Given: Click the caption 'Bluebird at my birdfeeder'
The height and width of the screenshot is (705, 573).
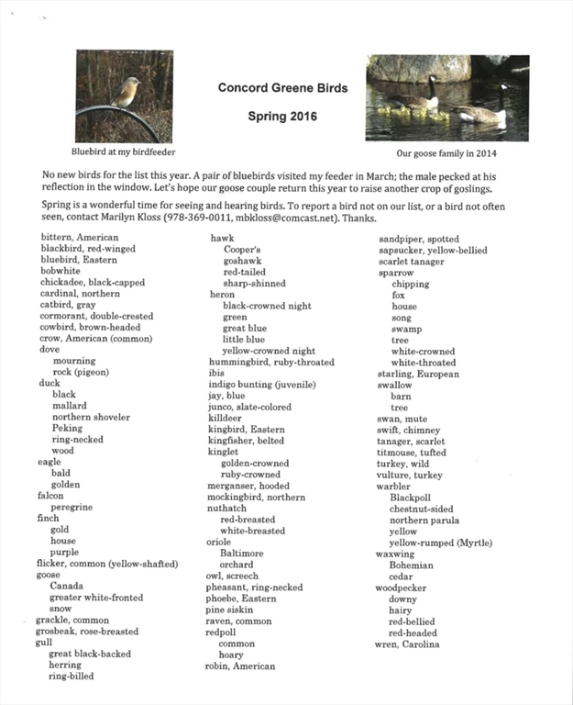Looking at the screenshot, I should tap(124, 151).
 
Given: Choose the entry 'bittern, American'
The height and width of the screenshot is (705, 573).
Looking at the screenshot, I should tap(80, 238).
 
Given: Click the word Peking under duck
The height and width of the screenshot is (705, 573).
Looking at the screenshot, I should tap(67, 428).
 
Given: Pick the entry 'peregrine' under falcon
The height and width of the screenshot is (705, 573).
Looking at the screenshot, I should tap(72, 507).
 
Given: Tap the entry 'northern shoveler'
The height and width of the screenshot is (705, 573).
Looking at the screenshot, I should tap(91, 417).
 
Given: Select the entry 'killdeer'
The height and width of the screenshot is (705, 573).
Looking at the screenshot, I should tap(224, 418).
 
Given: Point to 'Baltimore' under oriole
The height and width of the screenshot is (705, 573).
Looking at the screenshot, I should tap(242, 554).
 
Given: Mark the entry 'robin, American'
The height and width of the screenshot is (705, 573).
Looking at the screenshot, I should tap(239, 666).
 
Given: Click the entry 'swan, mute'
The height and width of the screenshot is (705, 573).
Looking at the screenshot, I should tap(402, 419).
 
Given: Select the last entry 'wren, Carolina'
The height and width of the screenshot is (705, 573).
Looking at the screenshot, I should tap(408, 643).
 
